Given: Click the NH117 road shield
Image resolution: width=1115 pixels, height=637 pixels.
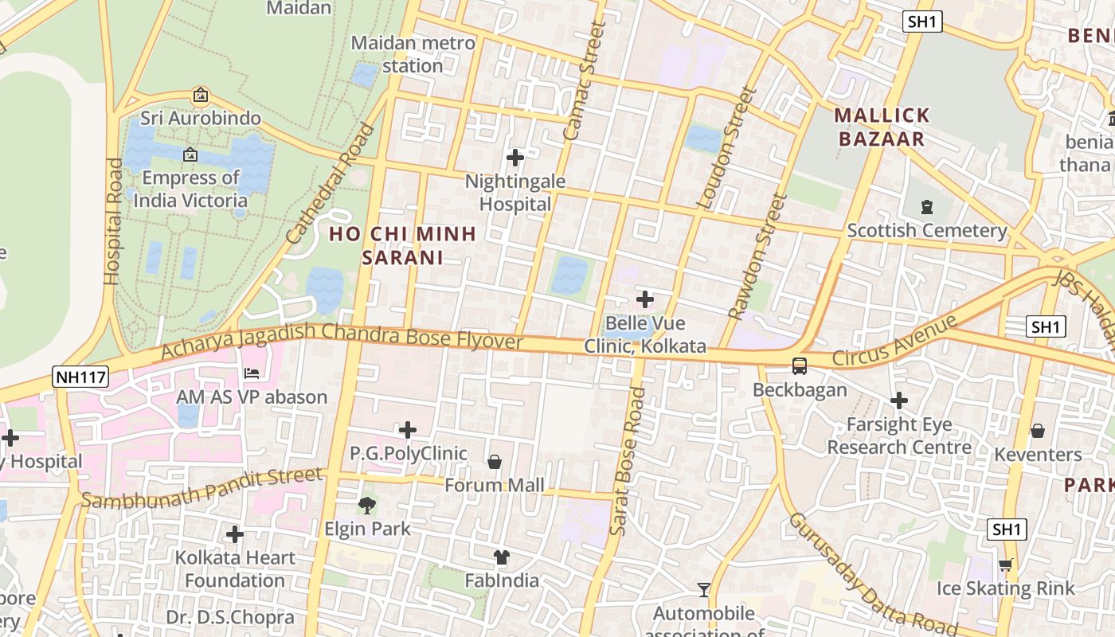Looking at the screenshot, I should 80,377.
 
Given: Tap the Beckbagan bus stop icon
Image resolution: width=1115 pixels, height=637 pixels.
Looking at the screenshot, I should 799,366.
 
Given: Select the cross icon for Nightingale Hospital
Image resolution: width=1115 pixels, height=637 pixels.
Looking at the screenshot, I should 515,158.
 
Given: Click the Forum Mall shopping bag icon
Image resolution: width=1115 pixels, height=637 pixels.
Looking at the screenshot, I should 495,462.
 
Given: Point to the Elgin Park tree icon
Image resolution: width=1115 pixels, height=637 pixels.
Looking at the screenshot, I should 367,505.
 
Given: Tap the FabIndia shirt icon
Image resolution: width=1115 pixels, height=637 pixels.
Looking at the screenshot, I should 502,557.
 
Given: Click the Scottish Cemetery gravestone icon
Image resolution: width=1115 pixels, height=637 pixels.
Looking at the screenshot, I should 927,207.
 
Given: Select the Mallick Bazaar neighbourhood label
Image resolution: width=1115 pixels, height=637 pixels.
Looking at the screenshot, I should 882,127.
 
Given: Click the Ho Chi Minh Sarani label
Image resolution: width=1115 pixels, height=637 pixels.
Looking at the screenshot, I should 403,245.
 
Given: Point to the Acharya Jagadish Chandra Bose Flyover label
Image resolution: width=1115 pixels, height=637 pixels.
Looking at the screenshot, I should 342,341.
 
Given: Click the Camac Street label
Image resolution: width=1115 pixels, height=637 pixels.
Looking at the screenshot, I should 585,81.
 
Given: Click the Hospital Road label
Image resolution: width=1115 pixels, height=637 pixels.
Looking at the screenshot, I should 113,221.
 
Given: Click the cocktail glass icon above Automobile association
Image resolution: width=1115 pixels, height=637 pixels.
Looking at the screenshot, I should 703,590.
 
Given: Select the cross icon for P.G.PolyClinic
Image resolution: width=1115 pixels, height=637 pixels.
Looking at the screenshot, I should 408,430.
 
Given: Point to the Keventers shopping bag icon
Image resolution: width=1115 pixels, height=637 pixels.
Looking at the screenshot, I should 1038,431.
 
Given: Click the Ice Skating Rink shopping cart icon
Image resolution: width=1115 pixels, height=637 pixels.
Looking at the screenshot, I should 1005,565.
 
